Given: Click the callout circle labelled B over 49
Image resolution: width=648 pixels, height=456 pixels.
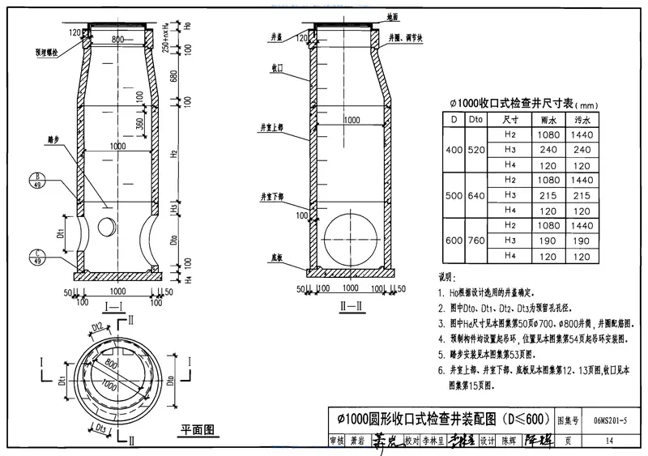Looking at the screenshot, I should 38,179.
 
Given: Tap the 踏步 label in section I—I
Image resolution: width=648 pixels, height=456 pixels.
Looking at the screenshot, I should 54,139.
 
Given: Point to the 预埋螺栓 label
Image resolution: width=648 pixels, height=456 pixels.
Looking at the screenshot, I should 48,55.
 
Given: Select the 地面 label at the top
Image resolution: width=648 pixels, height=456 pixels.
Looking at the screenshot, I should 393,15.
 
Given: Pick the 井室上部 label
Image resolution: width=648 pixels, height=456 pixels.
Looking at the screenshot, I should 272,127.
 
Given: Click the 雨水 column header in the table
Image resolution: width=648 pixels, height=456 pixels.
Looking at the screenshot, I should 549,120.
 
